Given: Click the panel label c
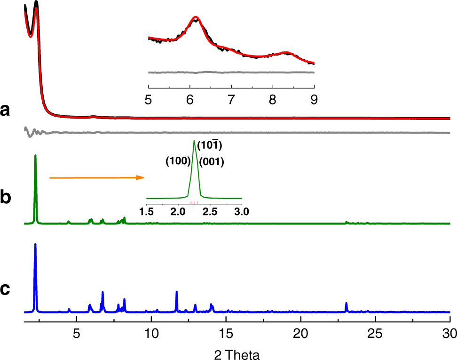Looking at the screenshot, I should [x=5, y=288].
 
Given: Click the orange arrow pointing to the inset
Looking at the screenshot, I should [x=96, y=177].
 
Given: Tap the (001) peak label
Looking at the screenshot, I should [x=211, y=163].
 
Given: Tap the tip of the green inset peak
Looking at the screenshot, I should [x=194, y=140].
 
